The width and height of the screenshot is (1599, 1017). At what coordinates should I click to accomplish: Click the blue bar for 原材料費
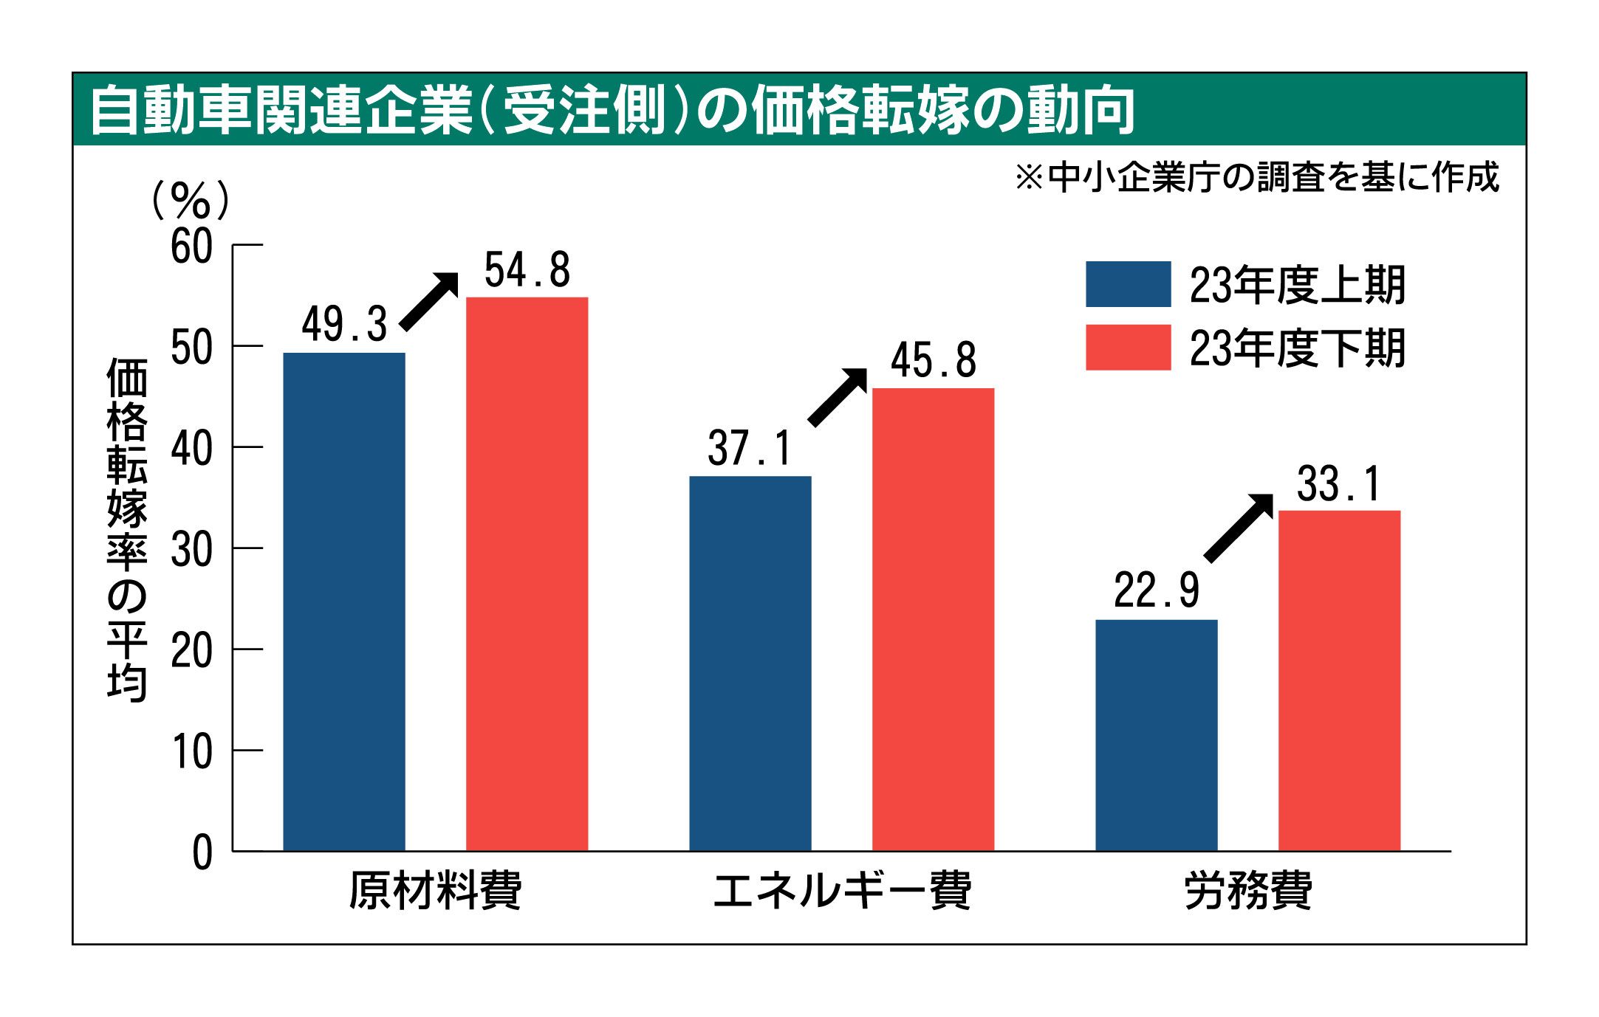(x=344, y=601)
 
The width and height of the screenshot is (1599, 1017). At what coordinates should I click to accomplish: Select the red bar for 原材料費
(x=527, y=574)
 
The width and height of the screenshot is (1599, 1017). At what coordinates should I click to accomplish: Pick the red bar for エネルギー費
(x=933, y=619)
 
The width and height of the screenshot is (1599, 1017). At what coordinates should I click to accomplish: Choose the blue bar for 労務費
(x=1156, y=735)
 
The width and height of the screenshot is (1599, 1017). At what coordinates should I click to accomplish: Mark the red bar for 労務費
(x=1339, y=680)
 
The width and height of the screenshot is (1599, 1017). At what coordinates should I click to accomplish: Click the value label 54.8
(x=527, y=270)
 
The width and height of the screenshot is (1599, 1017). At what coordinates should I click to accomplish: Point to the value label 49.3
(x=344, y=325)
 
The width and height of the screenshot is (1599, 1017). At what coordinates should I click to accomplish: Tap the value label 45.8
(x=934, y=361)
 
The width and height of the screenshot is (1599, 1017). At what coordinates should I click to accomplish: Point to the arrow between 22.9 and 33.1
(x=1239, y=527)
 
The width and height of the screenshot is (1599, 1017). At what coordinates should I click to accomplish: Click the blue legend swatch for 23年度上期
(x=1128, y=284)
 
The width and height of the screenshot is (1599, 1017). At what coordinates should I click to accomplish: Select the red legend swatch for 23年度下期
(x=1128, y=347)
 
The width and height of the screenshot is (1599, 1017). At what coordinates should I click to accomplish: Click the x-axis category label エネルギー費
(x=841, y=891)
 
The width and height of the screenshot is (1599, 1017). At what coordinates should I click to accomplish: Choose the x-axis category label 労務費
(x=1247, y=891)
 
